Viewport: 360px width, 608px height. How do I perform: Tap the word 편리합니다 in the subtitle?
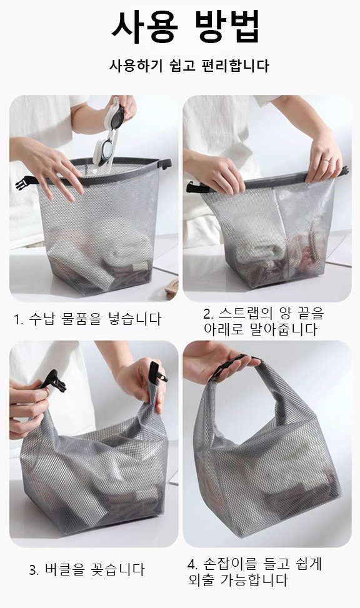pos(237,65)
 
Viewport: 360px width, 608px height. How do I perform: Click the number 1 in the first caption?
pos(17,320)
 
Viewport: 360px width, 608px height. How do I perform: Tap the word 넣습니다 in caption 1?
pos(132,320)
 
